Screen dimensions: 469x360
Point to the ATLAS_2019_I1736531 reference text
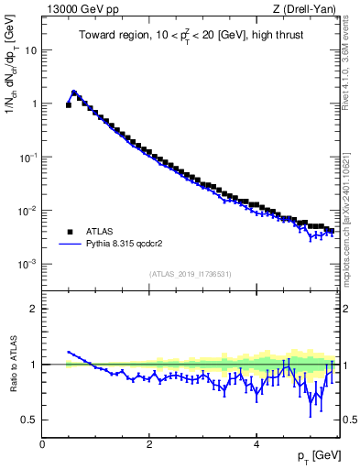190,274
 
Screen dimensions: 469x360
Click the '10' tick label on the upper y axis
30,49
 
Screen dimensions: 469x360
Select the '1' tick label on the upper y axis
33,104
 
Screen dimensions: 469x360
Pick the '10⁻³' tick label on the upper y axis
27,264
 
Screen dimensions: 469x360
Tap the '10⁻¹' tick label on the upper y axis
27,157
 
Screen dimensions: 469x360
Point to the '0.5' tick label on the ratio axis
29,420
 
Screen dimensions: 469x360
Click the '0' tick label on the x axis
42,444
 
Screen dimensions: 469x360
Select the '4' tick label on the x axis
256,444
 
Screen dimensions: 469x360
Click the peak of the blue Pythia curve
74,92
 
